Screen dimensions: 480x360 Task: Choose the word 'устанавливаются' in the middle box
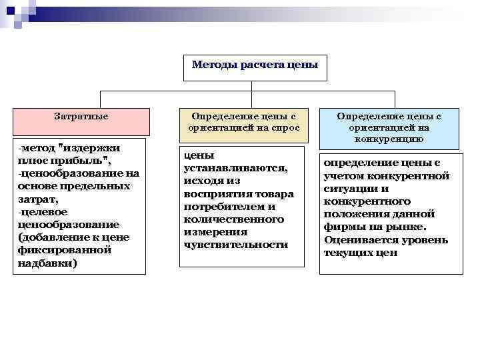coord(235,168)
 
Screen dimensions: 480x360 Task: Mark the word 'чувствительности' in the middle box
coord(235,245)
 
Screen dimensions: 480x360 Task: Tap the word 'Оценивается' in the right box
coord(356,240)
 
